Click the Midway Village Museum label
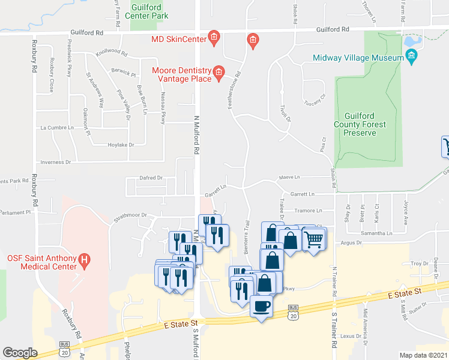358,58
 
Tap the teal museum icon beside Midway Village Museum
411,58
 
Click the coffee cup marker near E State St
261,306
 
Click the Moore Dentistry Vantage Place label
182,74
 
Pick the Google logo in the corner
20,352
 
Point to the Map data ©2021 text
423,355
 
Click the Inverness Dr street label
55,162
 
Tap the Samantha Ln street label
376,233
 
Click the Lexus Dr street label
350,337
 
